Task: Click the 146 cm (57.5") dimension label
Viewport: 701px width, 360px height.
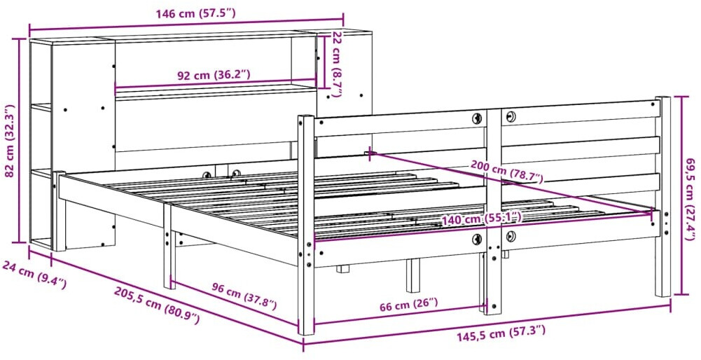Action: click(x=195, y=13)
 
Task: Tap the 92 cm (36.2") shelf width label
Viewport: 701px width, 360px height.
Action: click(x=214, y=75)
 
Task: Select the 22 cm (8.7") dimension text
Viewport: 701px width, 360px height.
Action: click(x=337, y=64)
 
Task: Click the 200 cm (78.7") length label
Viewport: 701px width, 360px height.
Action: click(x=506, y=172)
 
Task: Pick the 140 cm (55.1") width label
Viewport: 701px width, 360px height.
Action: click(x=482, y=219)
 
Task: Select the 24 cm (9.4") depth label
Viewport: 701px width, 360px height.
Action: click(x=34, y=275)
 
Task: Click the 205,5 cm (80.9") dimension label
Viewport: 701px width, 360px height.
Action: click(x=156, y=305)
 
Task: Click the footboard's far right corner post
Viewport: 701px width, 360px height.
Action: click(x=662, y=196)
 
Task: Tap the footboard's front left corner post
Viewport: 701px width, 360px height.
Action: click(x=306, y=225)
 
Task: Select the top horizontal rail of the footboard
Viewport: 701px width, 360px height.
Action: click(x=487, y=117)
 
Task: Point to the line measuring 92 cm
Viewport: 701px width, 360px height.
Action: click(x=216, y=84)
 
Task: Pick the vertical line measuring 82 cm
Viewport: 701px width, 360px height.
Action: click(x=19, y=140)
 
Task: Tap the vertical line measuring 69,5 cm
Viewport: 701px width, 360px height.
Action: click(x=681, y=195)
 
